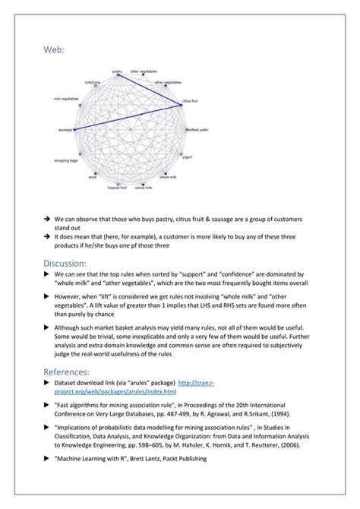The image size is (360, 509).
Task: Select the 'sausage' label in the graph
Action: coord(65,130)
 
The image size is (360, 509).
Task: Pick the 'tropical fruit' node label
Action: coord(117,186)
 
